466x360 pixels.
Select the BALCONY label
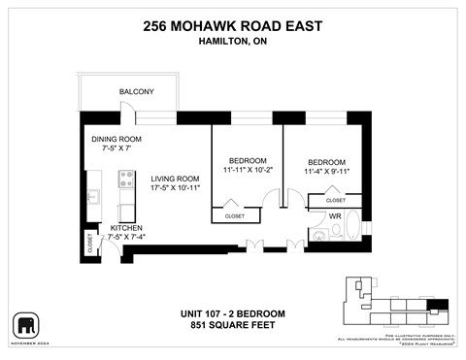(x=137, y=91)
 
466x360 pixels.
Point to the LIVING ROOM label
(x=175, y=178)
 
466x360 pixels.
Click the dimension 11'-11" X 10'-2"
(x=247, y=171)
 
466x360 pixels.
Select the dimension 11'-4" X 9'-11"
(x=326, y=173)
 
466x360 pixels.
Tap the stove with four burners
(x=125, y=180)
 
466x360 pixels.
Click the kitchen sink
(x=93, y=197)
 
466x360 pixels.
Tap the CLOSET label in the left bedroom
(x=235, y=215)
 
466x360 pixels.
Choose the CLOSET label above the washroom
(x=336, y=200)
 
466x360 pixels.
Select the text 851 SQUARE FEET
(x=232, y=326)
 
